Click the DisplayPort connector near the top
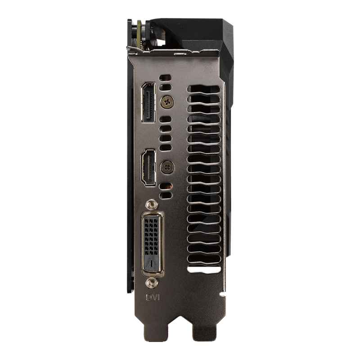(148, 102)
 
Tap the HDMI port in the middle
(148, 167)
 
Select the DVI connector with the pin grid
(152, 244)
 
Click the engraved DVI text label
(153, 297)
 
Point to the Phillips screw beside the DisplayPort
(167, 102)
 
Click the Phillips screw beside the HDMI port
(167, 167)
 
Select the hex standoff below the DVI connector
(152, 283)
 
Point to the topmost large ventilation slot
(204, 89)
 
